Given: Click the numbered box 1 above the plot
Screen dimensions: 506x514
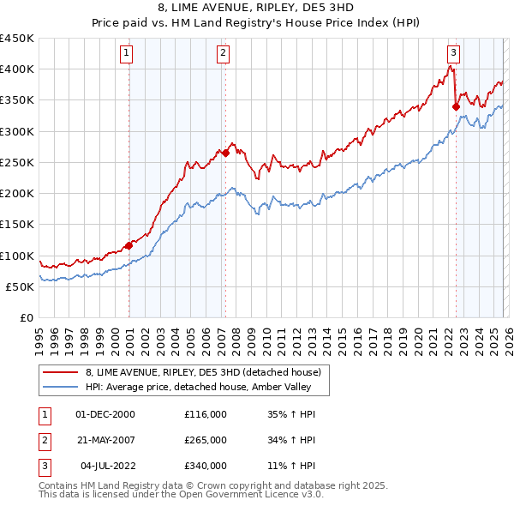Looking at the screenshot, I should click(126, 53).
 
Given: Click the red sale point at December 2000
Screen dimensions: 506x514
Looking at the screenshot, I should click(129, 245).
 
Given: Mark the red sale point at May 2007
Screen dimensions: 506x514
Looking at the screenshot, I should click(225, 153).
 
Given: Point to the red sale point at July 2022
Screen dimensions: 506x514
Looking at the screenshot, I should click(456, 106).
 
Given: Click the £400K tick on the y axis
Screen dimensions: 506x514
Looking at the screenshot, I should click(16, 69).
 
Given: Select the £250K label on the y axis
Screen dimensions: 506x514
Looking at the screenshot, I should click(16, 162).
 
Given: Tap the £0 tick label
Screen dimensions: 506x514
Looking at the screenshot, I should click(26, 318).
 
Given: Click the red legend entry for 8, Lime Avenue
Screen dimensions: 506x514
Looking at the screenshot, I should click(203, 372).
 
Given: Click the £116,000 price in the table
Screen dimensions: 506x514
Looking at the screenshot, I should click(206, 414).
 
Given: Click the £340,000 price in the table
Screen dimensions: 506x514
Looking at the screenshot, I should click(206, 466).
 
